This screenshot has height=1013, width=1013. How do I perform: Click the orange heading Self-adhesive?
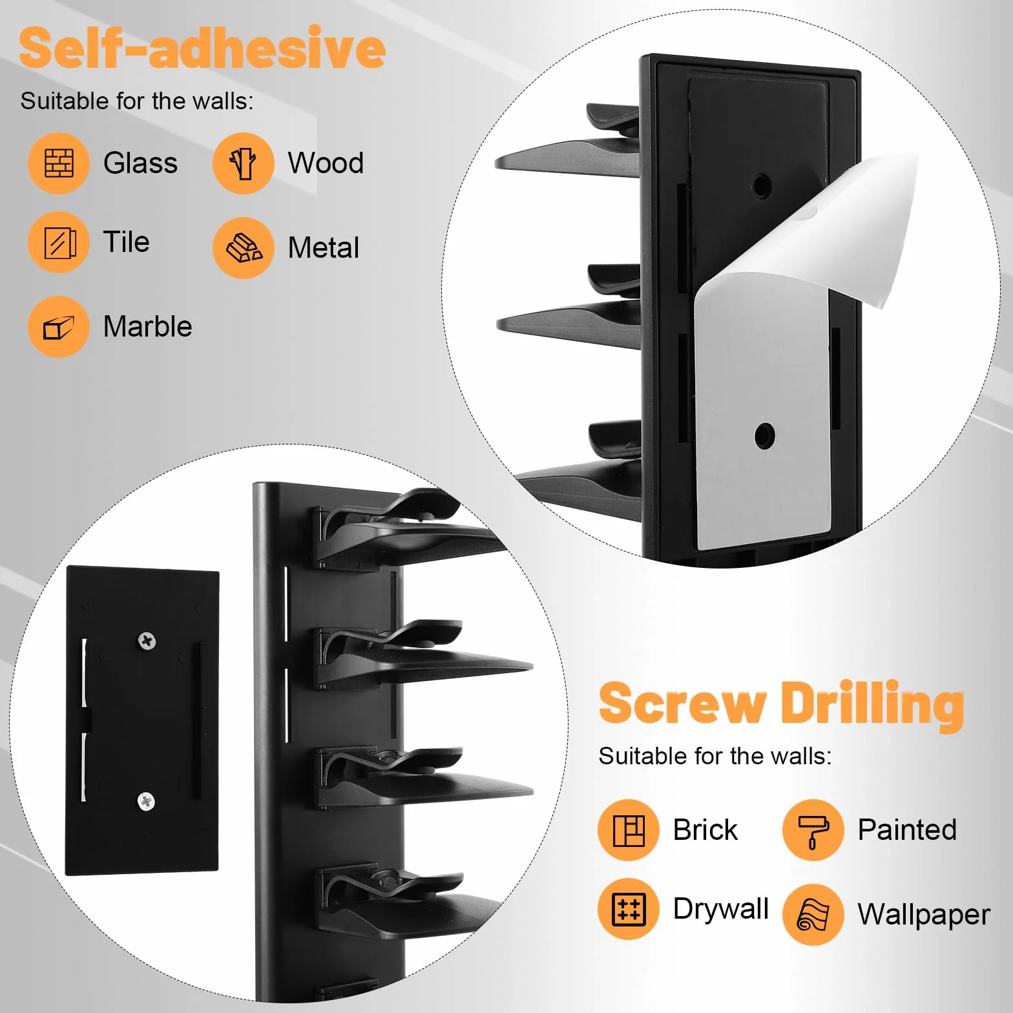point(202,48)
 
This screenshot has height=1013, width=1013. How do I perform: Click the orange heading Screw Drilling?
point(782,705)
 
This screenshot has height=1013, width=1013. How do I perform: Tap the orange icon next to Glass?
point(59,163)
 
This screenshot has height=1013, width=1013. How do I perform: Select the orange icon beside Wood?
point(244,163)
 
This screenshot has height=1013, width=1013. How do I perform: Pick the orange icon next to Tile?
point(59,242)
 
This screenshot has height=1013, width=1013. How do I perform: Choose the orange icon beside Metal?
point(244,248)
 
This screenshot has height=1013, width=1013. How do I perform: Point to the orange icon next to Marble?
point(59,327)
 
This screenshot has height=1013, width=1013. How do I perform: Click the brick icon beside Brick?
point(629,830)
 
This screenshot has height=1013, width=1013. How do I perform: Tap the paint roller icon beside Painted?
point(813,830)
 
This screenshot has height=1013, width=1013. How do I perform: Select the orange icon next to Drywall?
point(629,909)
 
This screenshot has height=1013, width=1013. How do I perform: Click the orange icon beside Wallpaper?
point(813,915)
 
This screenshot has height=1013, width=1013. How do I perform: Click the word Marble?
point(148,327)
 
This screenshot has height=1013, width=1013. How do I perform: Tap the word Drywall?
point(721,909)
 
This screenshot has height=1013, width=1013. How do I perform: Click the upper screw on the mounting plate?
point(147,641)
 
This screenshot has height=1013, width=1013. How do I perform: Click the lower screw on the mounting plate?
point(147,802)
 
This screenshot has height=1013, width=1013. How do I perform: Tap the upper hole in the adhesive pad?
point(762,186)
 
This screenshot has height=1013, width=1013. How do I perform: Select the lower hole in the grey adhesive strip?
point(765,436)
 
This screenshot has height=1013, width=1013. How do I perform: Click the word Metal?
point(324,248)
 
